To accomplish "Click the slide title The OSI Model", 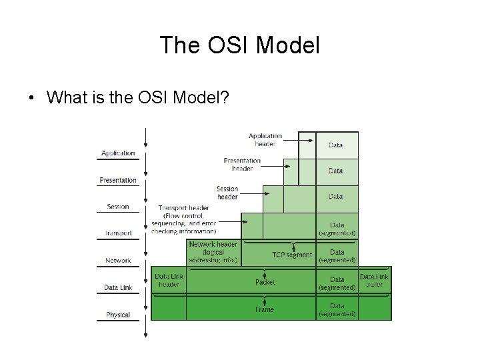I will click(240, 45).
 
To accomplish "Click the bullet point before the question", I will click(31, 98).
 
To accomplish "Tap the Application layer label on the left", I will click(118, 153).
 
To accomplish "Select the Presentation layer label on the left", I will click(118, 180).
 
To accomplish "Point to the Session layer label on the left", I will click(118, 207).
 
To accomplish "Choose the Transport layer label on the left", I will click(118, 233).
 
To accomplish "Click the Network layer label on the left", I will click(118, 261).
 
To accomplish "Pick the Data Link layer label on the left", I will click(118, 287).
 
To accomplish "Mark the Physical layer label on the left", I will click(118, 315).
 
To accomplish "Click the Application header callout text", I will click(265, 139).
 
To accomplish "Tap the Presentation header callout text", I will click(242, 165).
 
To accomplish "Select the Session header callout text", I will click(227, 193).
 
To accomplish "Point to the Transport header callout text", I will click(183, 219).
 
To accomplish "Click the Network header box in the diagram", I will click(213, 253).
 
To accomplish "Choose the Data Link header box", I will click(169, 280).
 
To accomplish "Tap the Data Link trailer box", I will click(374, 280).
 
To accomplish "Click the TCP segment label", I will click(291, 255).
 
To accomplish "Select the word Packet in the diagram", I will click(265, 282).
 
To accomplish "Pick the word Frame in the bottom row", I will click(265, 309).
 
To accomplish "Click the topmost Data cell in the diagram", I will click(336, 145).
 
